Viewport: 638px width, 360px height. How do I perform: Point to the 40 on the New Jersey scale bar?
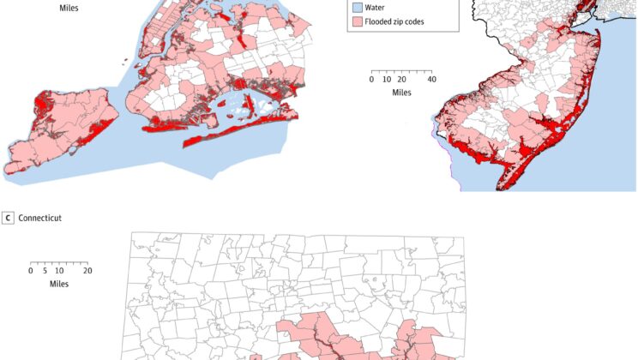tap(431, 79)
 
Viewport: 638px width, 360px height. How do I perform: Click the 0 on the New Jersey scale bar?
tap(371, 79)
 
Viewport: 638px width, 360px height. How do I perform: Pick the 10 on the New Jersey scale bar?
tap(386, 79)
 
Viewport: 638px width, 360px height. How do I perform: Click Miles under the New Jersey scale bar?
tap(401, 92)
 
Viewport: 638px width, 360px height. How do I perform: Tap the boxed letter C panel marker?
tap(9, 218)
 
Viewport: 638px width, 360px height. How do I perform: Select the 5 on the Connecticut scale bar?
tap(45, 270)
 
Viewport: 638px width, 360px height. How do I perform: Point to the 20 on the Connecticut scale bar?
tap(87, 270)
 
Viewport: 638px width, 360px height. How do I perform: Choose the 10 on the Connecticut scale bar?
tap(58, 270)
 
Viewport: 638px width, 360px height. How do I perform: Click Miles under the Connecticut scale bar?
tap(59, 283)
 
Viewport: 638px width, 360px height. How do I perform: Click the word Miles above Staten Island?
tap(71, 8)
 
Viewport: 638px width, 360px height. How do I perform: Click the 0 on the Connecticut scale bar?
tap(31, 270)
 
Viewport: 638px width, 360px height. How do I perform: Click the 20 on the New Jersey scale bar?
tap(401, 79)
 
